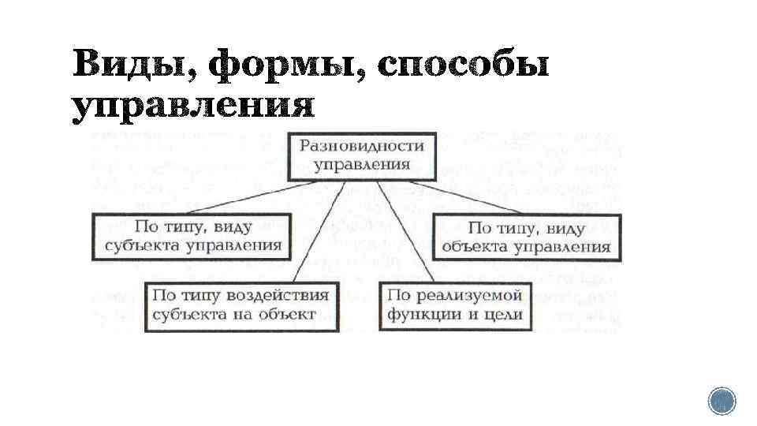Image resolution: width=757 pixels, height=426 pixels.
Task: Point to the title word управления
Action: (193, 107)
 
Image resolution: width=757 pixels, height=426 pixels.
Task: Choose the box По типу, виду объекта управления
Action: (527, 238)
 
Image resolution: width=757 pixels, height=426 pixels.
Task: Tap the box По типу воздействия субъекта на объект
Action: (241, 305)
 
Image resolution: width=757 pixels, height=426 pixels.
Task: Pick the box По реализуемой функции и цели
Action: (456, 305)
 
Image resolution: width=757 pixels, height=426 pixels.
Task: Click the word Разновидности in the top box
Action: (361, 147)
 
